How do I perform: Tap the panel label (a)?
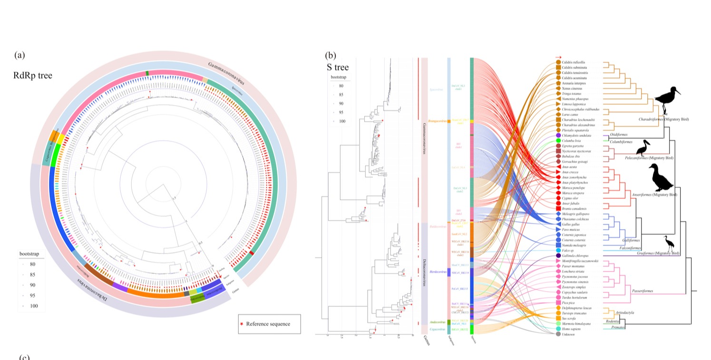pos(19,55)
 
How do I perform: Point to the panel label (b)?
pos(330,55)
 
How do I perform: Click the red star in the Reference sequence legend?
pos(242,324)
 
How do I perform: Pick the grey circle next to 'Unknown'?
pos(558,334)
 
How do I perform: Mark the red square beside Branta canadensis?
pos(558,208)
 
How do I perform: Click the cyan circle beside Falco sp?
pos(558,250)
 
